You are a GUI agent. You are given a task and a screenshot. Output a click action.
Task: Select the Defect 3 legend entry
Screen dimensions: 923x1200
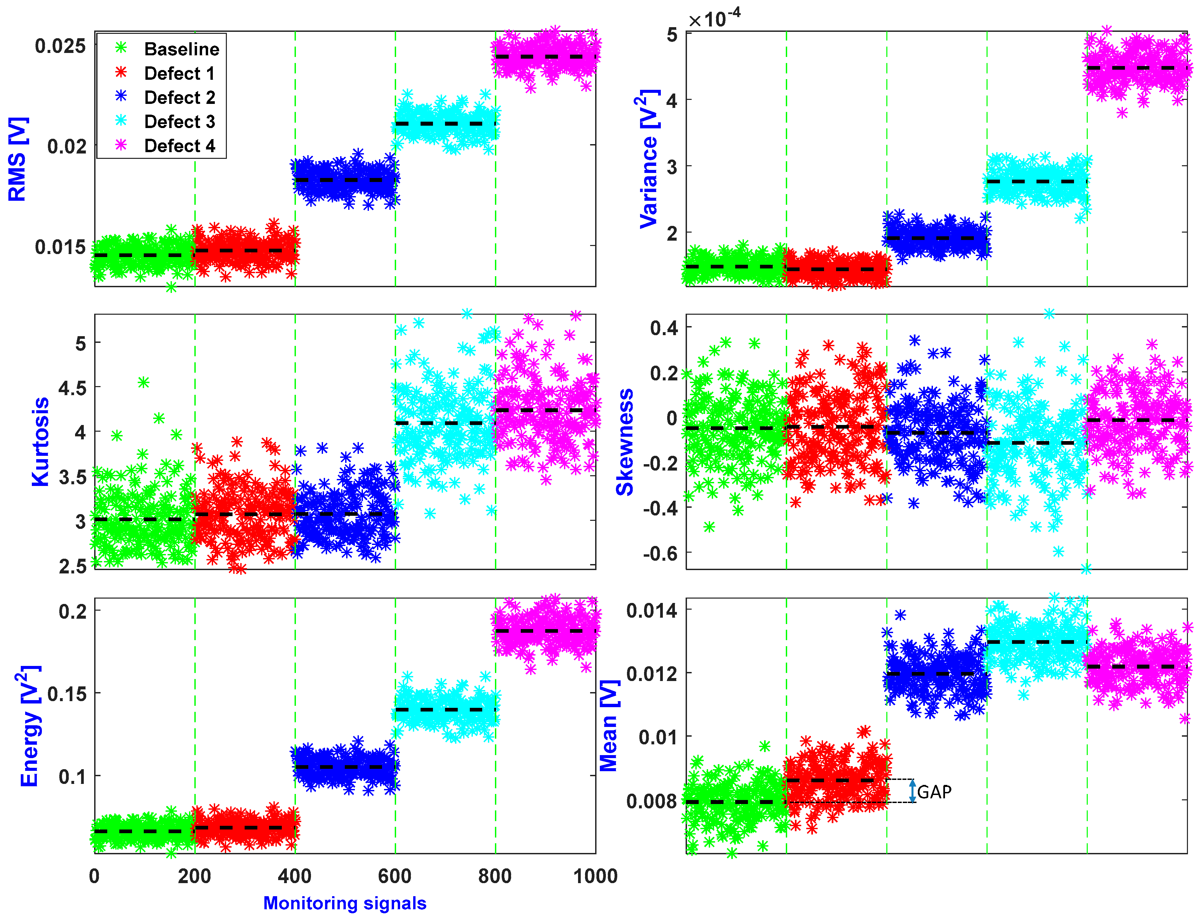(x=179, y=121)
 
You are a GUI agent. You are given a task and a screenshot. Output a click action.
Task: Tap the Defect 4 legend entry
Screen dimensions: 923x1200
(x=179, y=145)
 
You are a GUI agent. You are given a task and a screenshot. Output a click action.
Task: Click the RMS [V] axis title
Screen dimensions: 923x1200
(x=17, y=159)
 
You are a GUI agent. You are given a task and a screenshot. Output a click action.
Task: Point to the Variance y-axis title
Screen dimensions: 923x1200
(x=649, y=159)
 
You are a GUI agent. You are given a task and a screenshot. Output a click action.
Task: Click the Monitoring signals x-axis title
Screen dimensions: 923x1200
(x=344, y=903)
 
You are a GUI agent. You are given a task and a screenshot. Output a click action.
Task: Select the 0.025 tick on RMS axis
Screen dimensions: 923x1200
(x=60, y=46)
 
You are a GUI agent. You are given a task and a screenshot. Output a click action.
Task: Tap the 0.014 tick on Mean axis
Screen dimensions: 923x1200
(x=651, y=610)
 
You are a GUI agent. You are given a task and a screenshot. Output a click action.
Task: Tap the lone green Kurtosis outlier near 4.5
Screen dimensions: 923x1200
(x=143, y=382)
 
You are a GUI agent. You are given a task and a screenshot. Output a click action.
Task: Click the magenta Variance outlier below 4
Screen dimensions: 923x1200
(x=1122, y=113)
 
